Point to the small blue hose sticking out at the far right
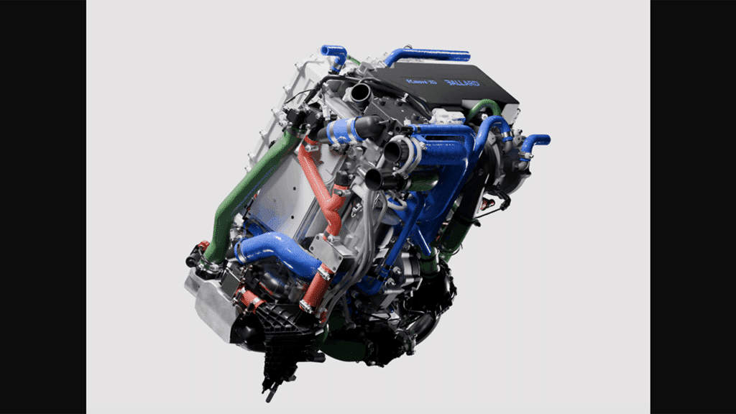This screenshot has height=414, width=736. click(535, 141)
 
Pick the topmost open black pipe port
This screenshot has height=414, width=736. click(358, 93)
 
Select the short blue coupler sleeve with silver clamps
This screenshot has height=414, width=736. click(343, 132)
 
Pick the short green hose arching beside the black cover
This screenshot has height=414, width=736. click(483, 107)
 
